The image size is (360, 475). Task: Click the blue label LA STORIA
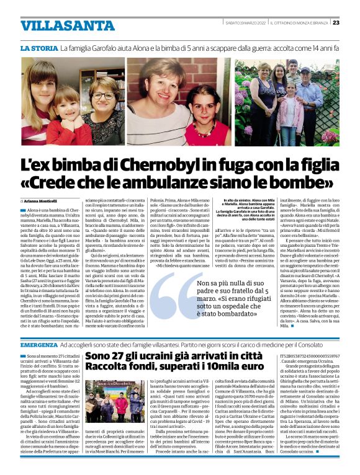click(38, 48)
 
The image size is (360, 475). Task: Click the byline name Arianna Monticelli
click(43, 202)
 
